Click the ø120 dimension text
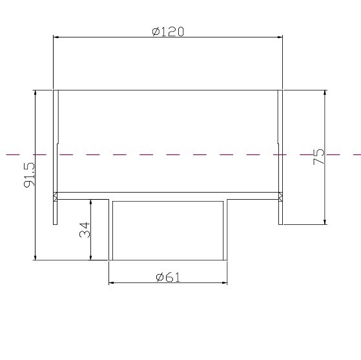click(168, 31)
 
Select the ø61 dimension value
click(168, 277)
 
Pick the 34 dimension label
click(85, 229)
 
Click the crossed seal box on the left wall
click(56, 195)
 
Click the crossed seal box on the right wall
click(280, 195)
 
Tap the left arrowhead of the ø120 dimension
click(56, 37)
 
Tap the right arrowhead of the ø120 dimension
click(279, 37)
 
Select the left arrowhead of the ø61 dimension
click(112, 283)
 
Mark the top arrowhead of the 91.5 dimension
click(35, 92)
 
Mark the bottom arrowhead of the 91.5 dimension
click(35, 257)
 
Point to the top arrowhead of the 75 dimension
click(324, 92)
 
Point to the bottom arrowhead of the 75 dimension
click(324, 222)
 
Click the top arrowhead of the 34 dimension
click(91, 202)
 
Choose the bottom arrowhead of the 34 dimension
click(91, 257)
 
